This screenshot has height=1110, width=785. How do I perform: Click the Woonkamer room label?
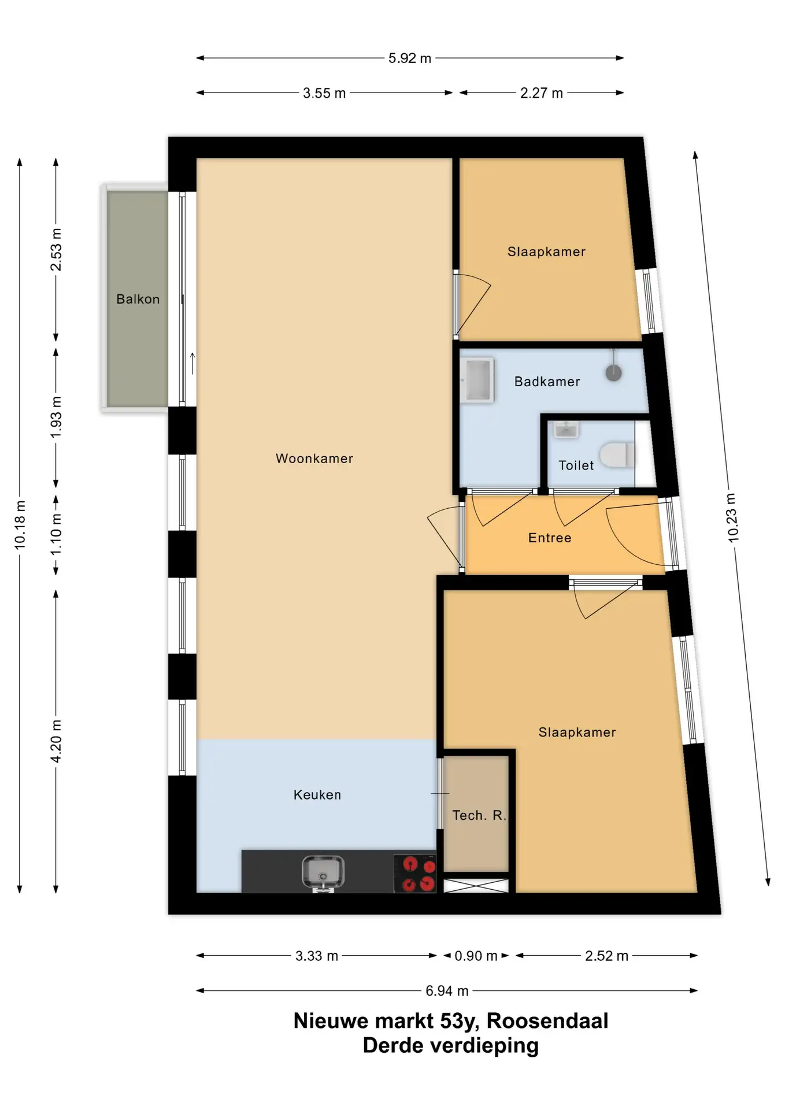click(x=314, y=458)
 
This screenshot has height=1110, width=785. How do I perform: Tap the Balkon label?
click(x=138, y=299)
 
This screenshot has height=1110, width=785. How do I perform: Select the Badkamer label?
click(x=547, y=382)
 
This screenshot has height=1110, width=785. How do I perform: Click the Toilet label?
click(x=576, y=465)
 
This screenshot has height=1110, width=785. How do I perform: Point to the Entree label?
click(x=550, y=538)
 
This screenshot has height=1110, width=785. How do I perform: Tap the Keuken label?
click(x=317, y=795)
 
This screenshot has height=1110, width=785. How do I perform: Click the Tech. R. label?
click(x=479, y=815)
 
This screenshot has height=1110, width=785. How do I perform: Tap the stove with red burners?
click(x=415, y=874)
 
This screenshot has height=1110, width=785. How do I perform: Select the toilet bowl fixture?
click(x=617, y=455)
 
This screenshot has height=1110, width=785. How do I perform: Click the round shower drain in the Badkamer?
click(x=613, y=373)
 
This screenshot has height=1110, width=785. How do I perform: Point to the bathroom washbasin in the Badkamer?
click(x=477, y=380)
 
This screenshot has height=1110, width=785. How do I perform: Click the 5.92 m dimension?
click(x=410, y=58)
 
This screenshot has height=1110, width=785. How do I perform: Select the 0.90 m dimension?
click(x=476, y=956)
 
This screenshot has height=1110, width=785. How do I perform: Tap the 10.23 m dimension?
click(x=732, y=517)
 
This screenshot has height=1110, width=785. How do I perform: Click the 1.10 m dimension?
click(x=55, y=535)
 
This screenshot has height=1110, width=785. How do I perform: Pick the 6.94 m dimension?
click(x=447, y=991)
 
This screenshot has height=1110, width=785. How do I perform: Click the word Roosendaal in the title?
click(x=547, y=1021)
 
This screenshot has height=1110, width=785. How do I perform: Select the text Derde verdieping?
click(x=450, y=1045)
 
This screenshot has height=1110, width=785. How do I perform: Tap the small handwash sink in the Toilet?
click(x=566, y=429)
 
